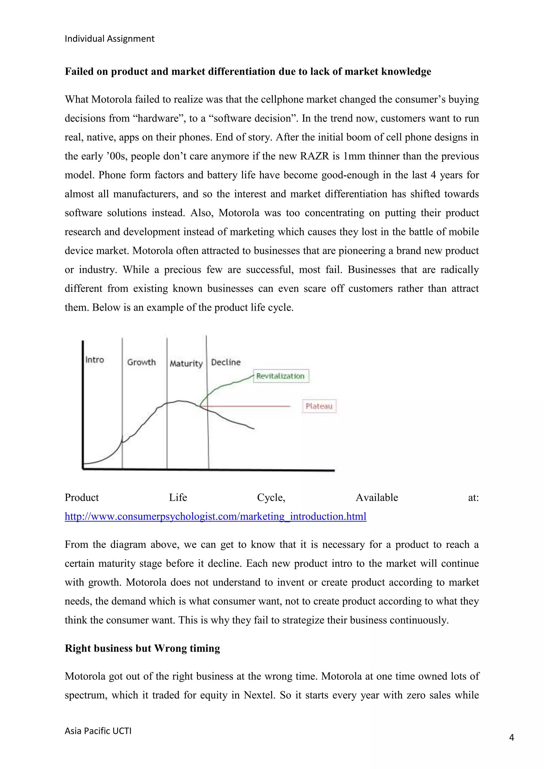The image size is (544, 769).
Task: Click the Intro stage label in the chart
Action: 95,360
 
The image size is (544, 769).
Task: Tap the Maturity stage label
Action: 186,364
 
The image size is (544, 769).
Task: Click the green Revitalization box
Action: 281,376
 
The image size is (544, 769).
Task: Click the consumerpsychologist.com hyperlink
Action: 215,516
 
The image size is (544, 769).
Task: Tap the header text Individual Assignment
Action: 109,39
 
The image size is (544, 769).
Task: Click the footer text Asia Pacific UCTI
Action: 98,730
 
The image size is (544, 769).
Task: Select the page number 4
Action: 511,737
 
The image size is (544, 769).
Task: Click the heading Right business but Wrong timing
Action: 142,648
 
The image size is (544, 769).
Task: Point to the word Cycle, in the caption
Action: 271,497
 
